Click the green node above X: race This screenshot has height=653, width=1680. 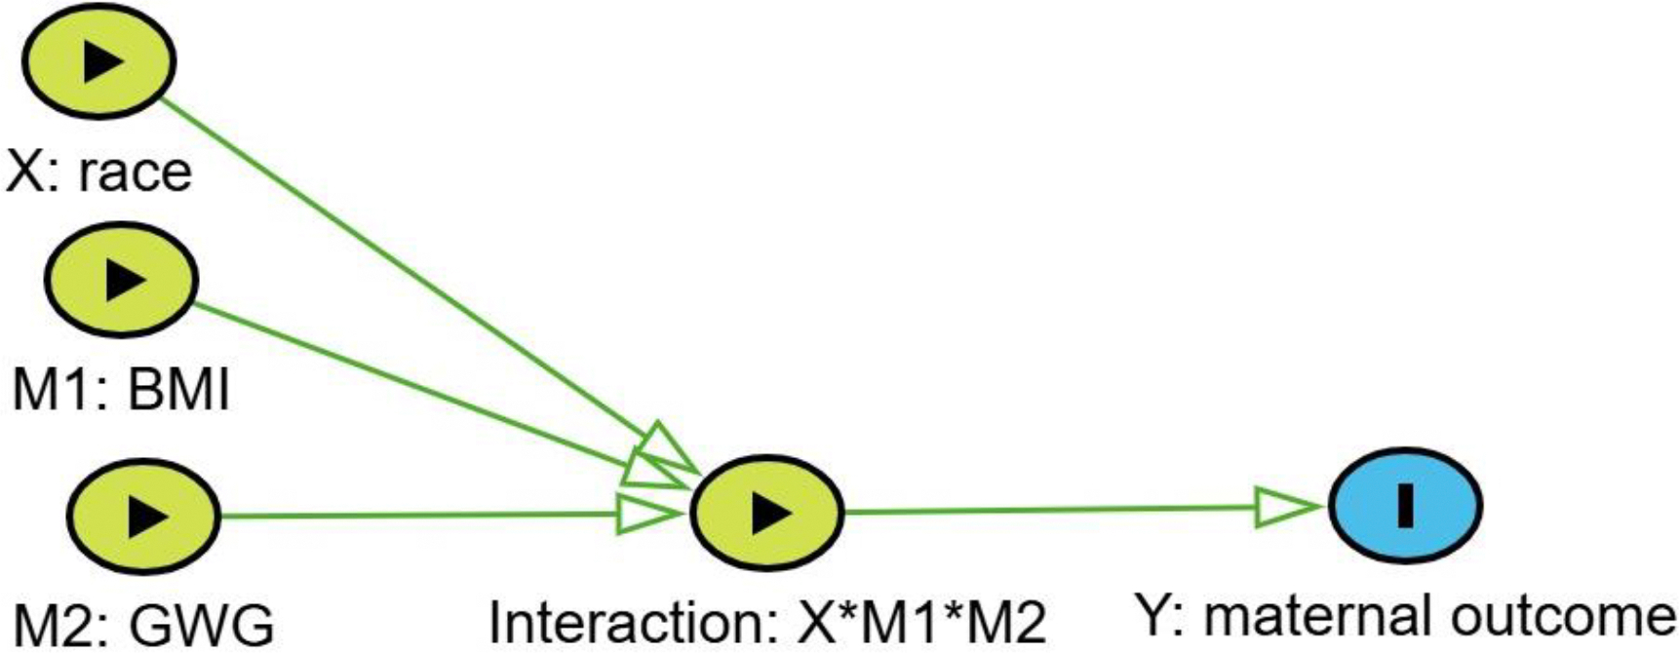pyautogui.click(x=98, y=60)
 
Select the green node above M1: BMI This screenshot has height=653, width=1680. pyautogui.click(x=121, y=280)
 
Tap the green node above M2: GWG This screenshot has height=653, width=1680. pyautogui.click(x=144, y=516)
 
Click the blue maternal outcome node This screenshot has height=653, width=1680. pyautogui.click(x=1405, y=505)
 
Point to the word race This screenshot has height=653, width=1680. pyautogui.click(x=136, y=173)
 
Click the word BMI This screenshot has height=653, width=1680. pyautogui.click(x=179, y=391)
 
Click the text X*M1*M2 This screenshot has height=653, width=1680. pyautogui.click(x=921, y=622)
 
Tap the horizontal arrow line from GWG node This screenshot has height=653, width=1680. pyautogui.click(x=419, y=515)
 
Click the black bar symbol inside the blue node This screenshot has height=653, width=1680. pyautogui.click(x=1405, y=505)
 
